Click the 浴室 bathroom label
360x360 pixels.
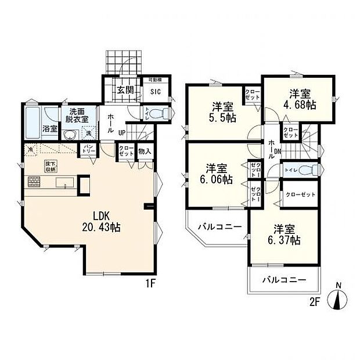click(33, 129)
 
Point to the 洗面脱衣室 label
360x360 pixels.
click(76, 115)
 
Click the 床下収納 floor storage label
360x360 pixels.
click(52, 167)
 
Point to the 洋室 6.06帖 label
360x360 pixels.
click(216, 174)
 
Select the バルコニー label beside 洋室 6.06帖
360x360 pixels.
click(215, 226)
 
